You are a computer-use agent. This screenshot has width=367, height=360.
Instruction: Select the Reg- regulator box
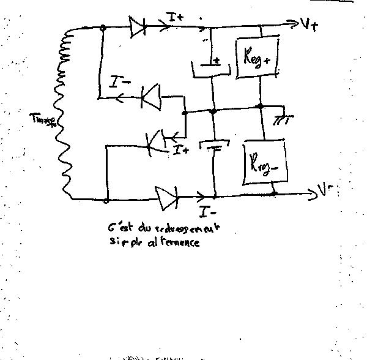click(265, 163)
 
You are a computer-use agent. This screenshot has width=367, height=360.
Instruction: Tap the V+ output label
click(309, 24)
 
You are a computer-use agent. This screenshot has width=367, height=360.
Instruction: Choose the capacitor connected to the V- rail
click(215, 147)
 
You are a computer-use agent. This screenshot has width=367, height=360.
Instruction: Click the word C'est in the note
click(117, 228)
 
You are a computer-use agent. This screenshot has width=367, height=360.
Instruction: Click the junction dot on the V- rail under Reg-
click(274, 194)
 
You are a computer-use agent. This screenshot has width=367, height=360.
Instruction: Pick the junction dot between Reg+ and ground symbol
click(261, 107)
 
